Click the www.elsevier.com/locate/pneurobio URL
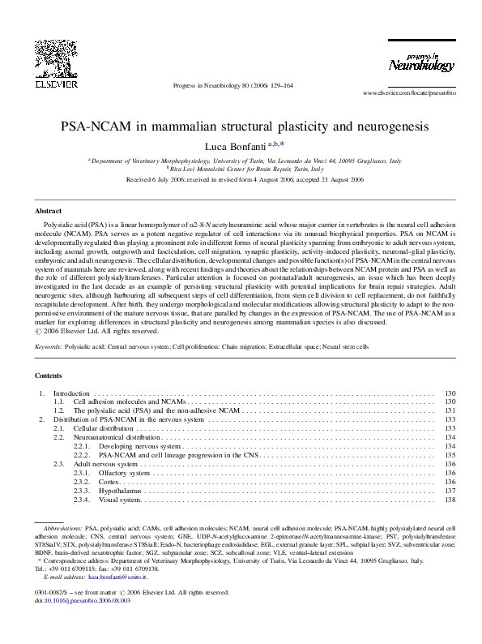tap(409, 93)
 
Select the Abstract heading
tap(50, 209)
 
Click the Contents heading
tap(50, 376)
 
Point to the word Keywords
tap(50, 346)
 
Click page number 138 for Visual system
tap(451, 500)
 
